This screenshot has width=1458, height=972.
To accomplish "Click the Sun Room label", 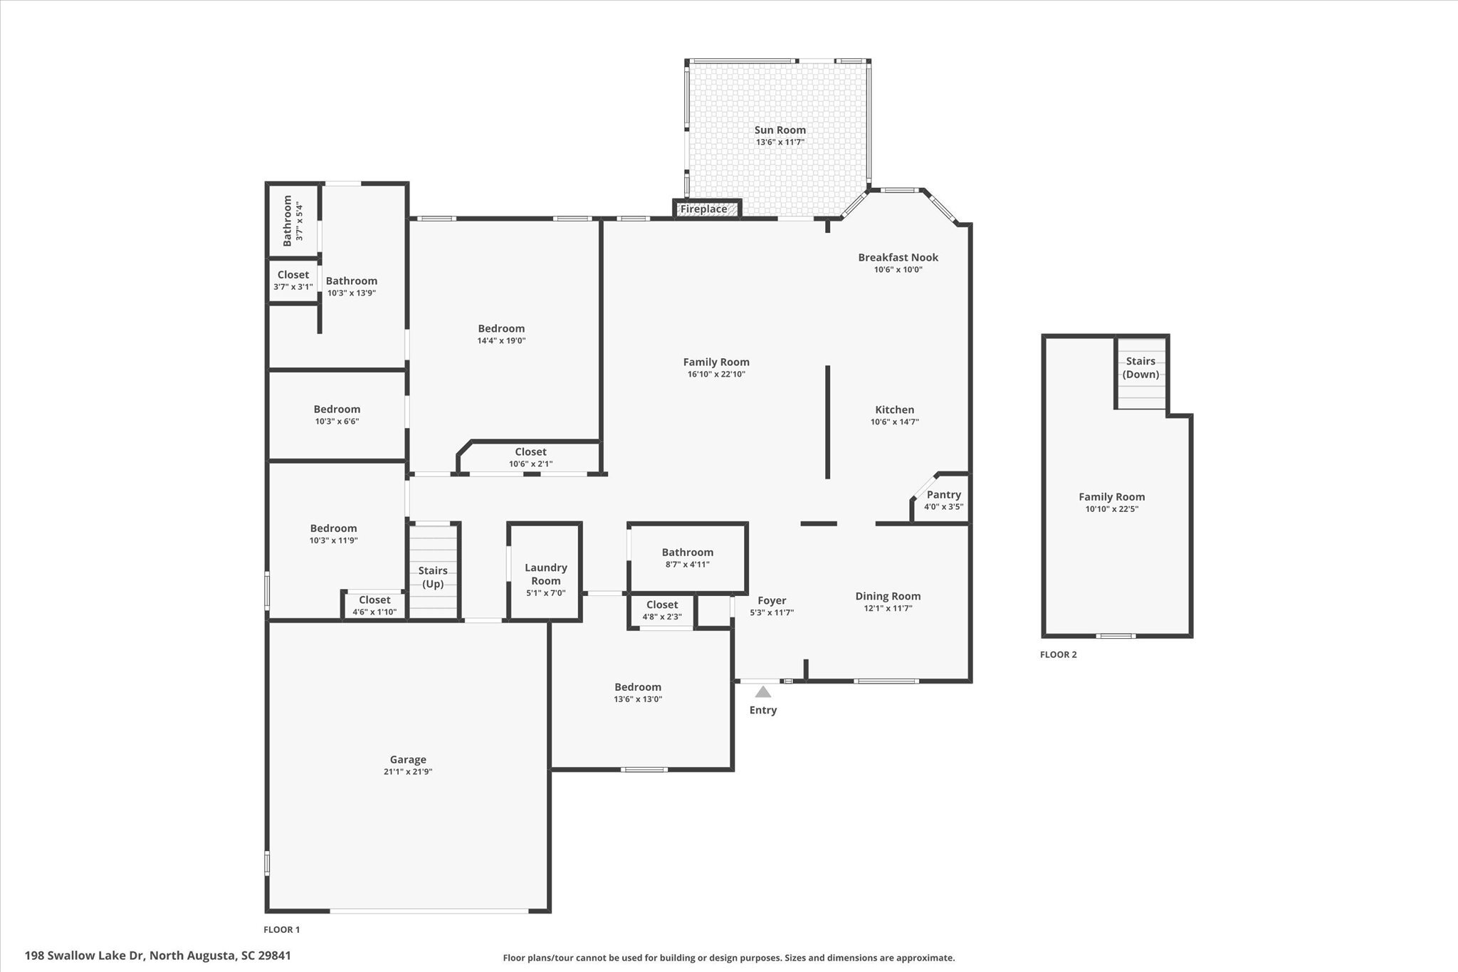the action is click(780, 130).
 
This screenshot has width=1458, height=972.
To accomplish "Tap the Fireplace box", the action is click(708, 209).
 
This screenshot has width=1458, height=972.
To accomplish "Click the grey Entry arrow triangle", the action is click(763, 691).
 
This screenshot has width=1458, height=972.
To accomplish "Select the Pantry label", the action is click(944, 494).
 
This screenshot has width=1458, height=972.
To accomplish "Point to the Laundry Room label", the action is click(546, 574).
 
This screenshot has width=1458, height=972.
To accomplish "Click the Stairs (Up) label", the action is click(433, 577).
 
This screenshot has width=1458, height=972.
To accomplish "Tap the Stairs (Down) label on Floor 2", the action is click(1140, 367).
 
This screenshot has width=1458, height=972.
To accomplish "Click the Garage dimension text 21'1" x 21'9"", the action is click(408, 772).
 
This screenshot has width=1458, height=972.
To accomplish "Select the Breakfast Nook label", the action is click(898, 257).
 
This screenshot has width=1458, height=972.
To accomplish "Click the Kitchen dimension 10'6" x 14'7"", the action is click(895, 422).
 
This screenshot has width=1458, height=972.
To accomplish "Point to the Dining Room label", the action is click(888, 596).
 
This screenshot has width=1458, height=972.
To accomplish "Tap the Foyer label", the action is click(772, 600).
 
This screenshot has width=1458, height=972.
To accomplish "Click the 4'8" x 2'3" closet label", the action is click(662, 617).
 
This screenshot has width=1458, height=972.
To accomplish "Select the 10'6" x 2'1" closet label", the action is click(531, 464).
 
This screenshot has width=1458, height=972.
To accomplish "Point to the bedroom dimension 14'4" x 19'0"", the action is click(502, 340).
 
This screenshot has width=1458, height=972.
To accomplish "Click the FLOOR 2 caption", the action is click(1059, 654).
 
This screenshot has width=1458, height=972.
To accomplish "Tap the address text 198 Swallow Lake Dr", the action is click(85, 955).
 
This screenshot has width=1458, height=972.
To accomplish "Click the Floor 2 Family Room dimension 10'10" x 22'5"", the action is click(1112, 508).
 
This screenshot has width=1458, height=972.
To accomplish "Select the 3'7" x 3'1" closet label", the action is click(293, 286).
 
